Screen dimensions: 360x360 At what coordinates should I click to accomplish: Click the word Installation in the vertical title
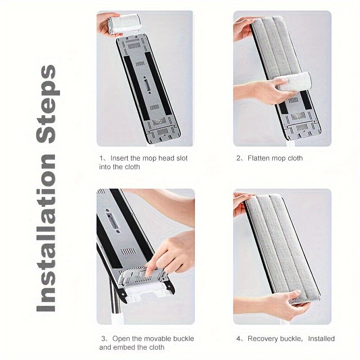coord(46,233)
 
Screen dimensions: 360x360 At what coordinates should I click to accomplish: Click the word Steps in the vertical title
coord(48,104)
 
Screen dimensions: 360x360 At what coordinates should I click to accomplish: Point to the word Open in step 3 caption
coord(121,339)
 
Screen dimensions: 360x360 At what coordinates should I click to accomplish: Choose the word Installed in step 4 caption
coord(321,339)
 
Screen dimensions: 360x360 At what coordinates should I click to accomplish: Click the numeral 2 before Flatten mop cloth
coord(238,158)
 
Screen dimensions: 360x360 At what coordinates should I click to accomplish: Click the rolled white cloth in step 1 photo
coord(124,24)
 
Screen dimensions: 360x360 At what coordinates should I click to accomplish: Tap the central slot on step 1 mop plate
coord(147,85)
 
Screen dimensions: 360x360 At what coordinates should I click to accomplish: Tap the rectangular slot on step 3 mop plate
coord(112,220)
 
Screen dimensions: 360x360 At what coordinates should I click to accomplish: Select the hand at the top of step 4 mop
coord(241,204)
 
